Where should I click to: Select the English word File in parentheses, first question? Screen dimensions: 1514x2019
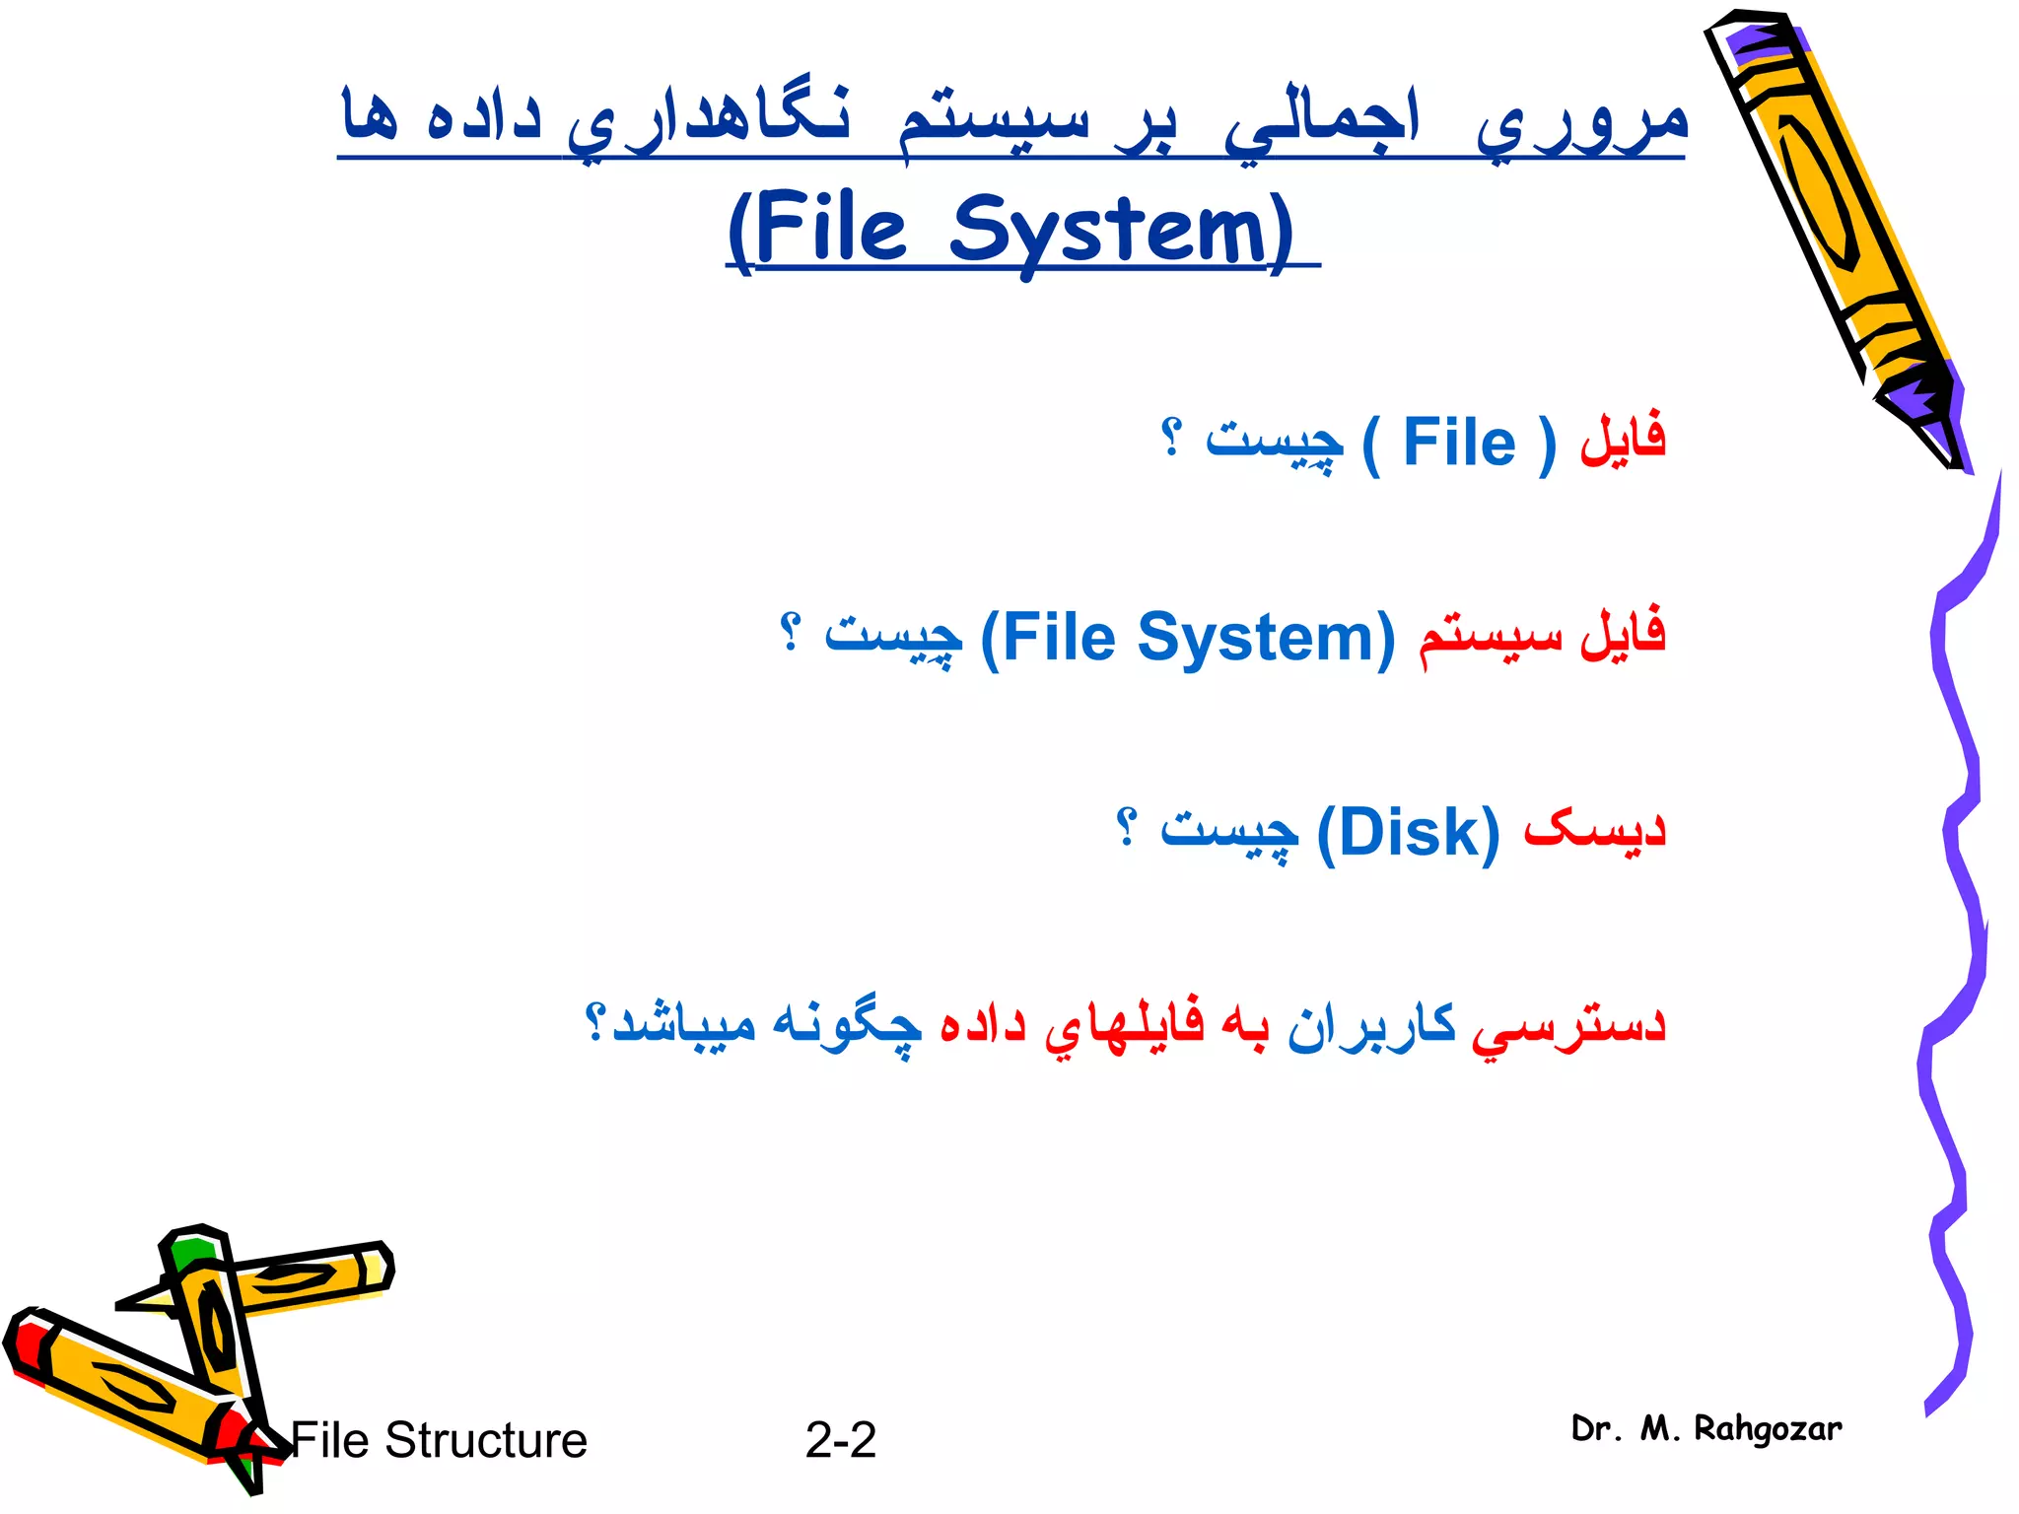tap(1459, 443)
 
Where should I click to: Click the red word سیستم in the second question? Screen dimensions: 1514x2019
tap(1490, 638)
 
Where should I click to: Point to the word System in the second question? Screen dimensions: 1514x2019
tap(1266, 638)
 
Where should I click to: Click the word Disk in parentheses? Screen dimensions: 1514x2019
tap(1408, 833)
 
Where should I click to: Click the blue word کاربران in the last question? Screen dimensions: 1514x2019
tap(1371, 1025)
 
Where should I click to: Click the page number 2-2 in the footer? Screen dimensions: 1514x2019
tap(840, 1440)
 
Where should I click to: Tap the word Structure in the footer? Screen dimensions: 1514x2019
tap(486, 1440)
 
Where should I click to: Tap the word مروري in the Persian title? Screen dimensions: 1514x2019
tap(1582, 123)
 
